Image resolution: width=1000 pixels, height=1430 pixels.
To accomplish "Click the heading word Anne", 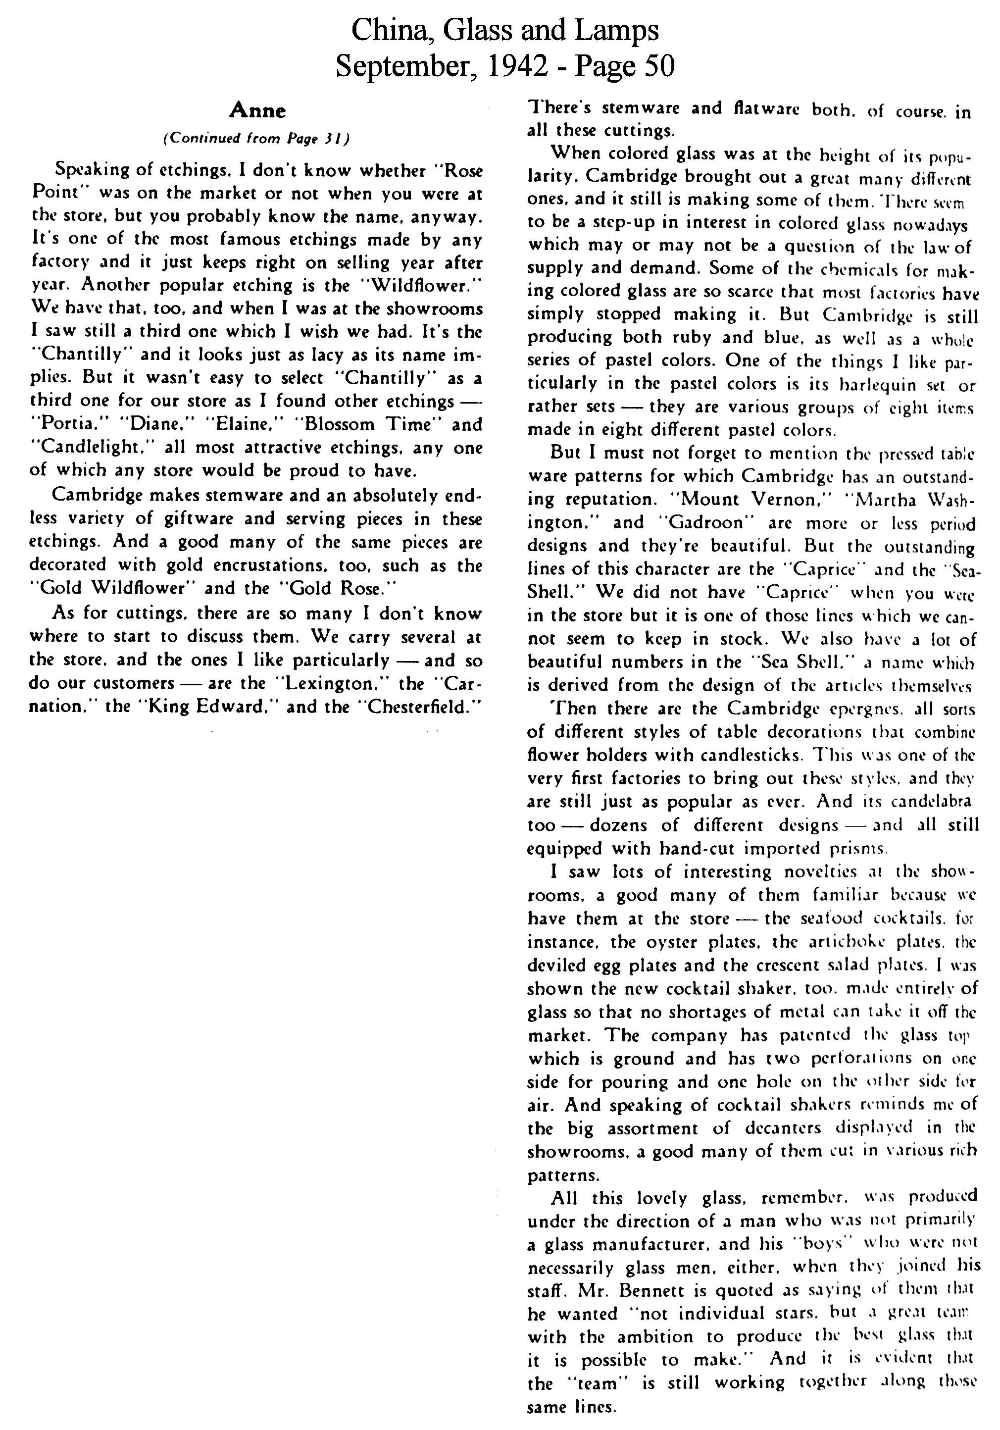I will click(257, 111).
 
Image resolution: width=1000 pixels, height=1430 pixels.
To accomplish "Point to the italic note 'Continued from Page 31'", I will click(256, 138).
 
